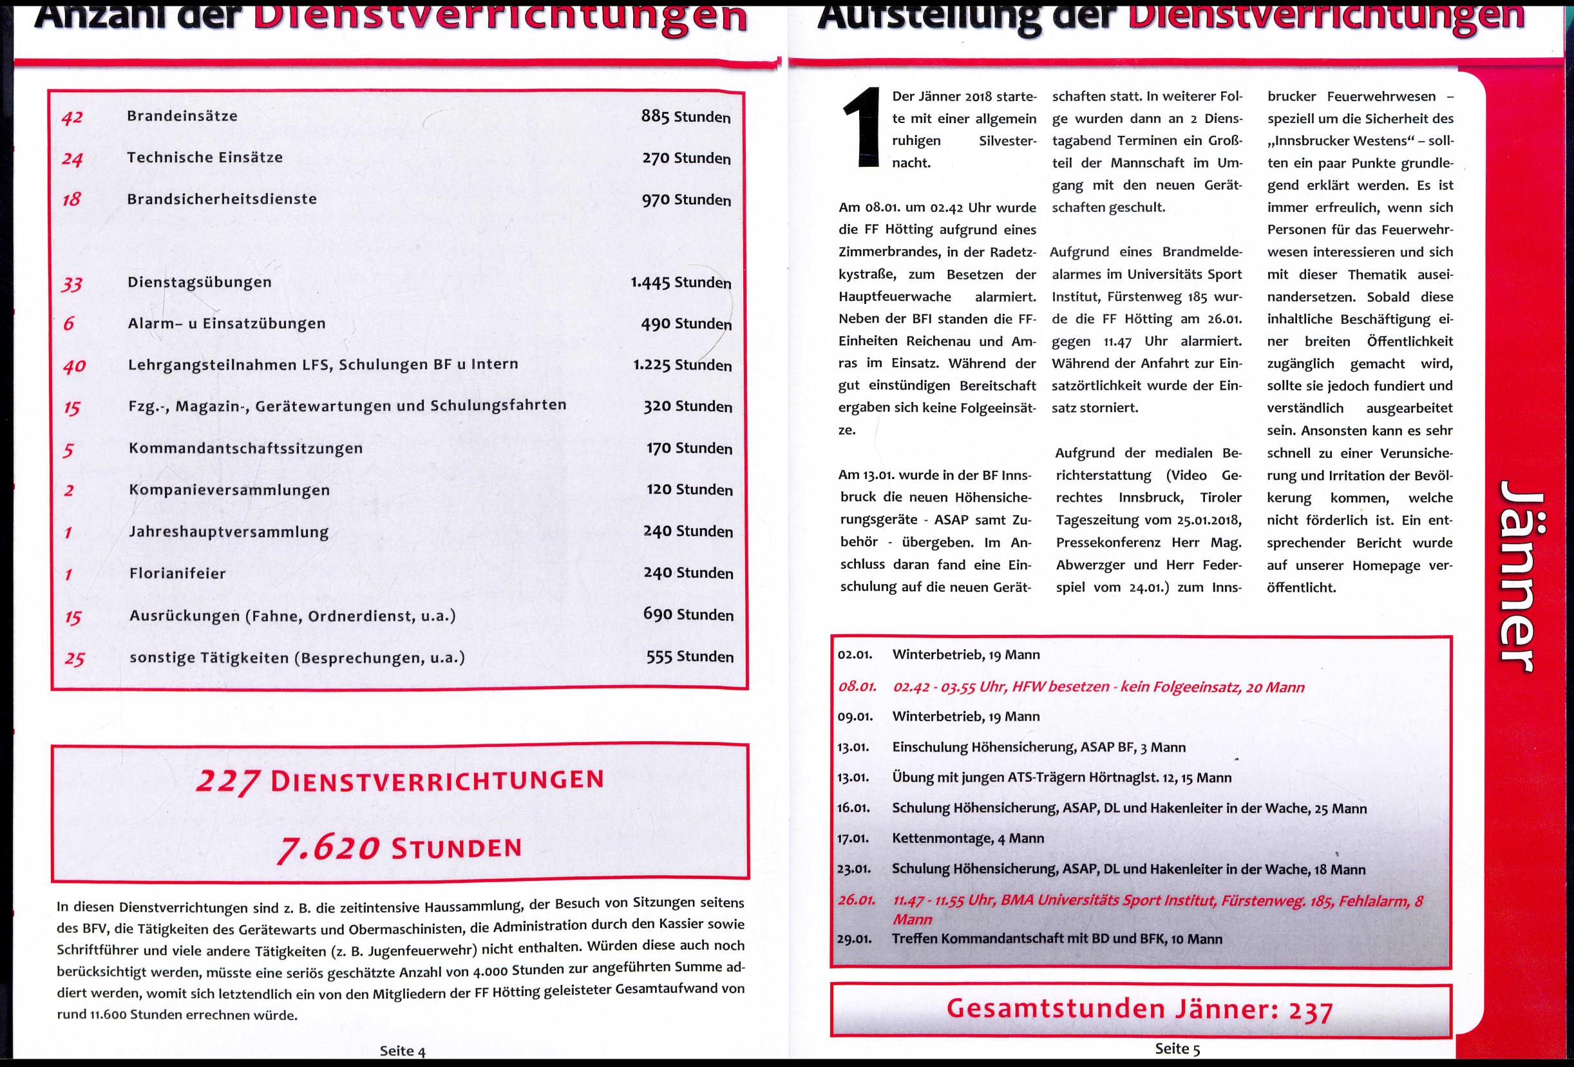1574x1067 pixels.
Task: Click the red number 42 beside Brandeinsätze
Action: click(71, 117)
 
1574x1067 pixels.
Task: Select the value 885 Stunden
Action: click(685, 117)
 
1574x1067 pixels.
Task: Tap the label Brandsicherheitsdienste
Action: click(222, 199)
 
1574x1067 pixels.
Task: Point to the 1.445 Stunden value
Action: click(681, 281)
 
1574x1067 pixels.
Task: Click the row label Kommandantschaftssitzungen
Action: click(246, 448)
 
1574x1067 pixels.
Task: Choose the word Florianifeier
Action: click(178, 572)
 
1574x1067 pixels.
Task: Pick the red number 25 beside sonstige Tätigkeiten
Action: click(74, 658)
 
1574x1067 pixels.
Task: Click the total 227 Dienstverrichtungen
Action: click(399, 780)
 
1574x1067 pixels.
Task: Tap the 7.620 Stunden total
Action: click(399, 848)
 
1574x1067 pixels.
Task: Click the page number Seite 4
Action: click(403, 1051)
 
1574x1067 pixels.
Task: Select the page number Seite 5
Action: click(1177, 1049)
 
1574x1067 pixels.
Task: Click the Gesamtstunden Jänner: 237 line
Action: click(1140, 1010)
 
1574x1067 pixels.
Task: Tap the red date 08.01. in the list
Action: click(857, 686)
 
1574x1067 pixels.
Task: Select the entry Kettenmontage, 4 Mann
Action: click(968, 838)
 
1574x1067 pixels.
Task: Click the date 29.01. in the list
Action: click(854, 939)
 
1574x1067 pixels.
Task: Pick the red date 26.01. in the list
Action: click(857, 900)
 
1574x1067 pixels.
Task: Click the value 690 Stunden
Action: click(688, 614)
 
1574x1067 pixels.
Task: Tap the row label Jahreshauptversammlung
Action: click(229, 531)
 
